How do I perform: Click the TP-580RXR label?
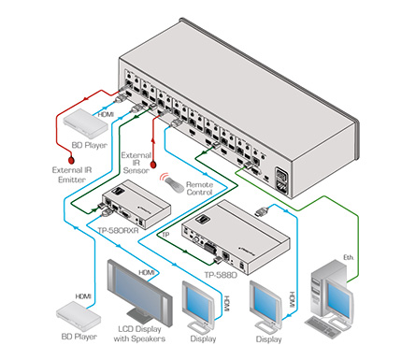point(118,231)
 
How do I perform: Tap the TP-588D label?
point(221,275)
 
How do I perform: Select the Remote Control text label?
point(199,188)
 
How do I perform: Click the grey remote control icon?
point(174,184)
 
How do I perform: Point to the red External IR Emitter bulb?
point(71,160)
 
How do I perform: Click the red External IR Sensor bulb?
point(153,165)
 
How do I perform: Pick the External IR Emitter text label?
point(72,175)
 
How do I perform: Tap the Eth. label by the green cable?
point(349,257)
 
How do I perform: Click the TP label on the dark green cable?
point(165,235)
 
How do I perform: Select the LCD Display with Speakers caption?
point(139,334)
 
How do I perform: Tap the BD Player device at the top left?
point(85,123)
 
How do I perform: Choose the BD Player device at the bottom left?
point(79,316)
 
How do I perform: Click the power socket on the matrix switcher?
point(281,181)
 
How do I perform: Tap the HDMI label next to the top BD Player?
point(106,114)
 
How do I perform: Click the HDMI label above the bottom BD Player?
point(83,296)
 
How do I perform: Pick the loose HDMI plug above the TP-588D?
point(262,212)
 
